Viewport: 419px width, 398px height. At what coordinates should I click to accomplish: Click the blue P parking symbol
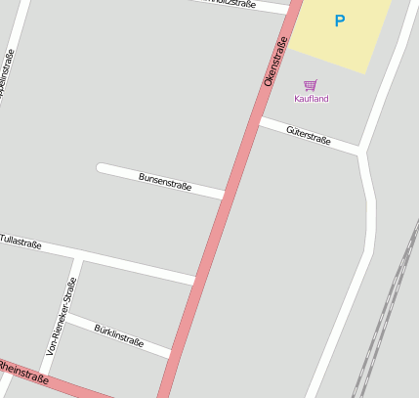point(340,21)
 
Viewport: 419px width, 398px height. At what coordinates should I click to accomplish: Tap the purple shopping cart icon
point(311,85)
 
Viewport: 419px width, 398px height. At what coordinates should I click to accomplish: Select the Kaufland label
point(312,99)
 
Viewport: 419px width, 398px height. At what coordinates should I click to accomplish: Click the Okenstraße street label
point(275,62)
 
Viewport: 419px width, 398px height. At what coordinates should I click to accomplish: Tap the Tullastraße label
point(21,241)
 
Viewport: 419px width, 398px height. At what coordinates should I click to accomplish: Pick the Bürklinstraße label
point(119,335)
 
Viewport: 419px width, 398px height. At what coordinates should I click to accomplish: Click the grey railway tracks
point(386,313)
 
